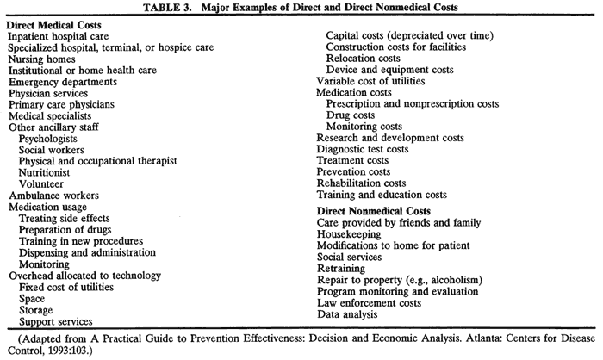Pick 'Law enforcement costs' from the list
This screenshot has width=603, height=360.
370,302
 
